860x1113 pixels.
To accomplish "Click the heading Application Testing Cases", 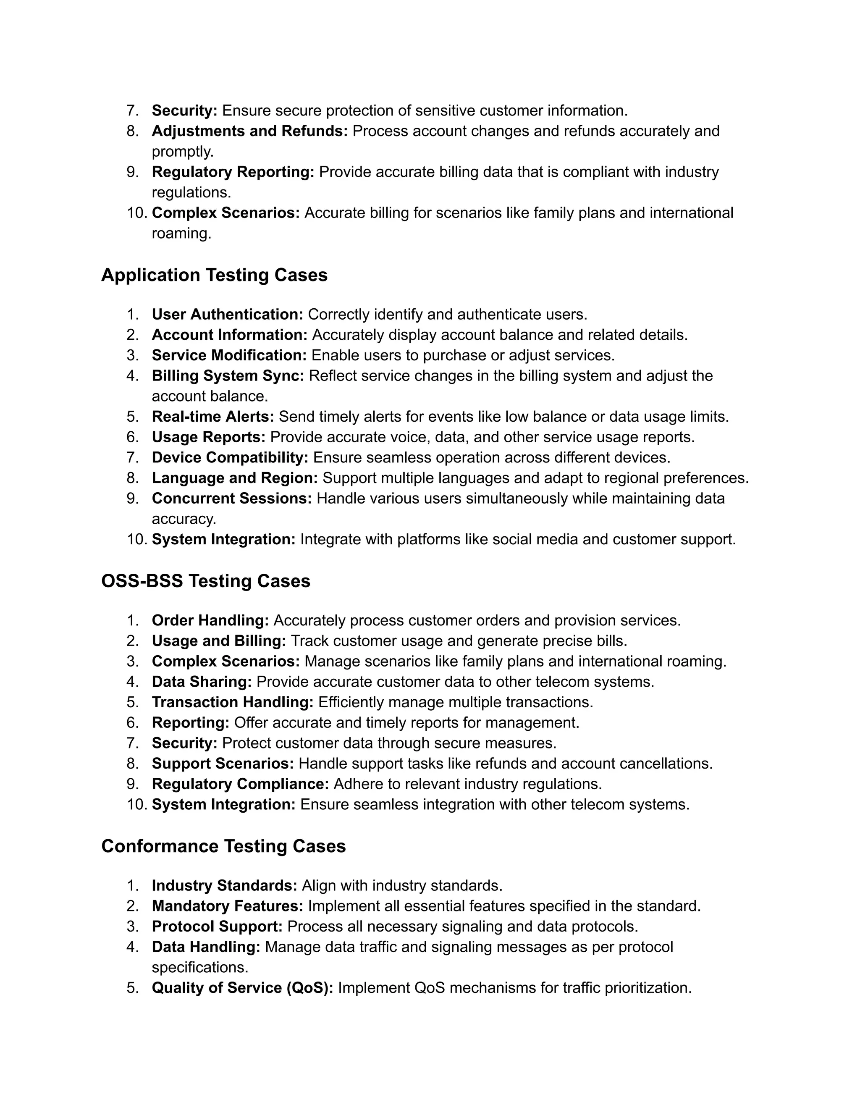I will click(214, 275).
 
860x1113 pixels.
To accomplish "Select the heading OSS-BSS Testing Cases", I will click(205, 581).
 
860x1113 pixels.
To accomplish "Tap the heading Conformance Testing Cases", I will click(223, 846).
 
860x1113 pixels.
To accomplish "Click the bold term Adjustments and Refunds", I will click(250, 131).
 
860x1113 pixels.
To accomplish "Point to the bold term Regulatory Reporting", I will click(233, 172).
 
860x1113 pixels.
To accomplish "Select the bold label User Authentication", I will click(227, 315).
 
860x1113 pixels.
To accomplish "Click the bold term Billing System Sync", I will click(228, 375).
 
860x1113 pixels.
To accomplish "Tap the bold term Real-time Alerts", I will click(213, 416).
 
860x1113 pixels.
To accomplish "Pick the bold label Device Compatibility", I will click(230, 457).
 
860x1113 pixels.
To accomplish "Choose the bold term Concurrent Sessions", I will click(231, 498).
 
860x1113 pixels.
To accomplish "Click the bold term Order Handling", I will click(210, 620).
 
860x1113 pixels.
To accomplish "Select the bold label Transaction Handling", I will click(232, 702).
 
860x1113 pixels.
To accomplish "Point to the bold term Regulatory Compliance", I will click(240, 783).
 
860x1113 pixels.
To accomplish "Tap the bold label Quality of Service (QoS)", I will click(243, 988).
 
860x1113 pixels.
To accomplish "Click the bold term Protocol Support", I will click(217, 927).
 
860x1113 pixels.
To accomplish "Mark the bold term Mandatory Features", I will click(227, 906).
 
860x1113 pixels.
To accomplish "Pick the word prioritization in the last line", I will click(648, 988).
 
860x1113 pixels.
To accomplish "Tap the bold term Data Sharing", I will click(202, 681).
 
